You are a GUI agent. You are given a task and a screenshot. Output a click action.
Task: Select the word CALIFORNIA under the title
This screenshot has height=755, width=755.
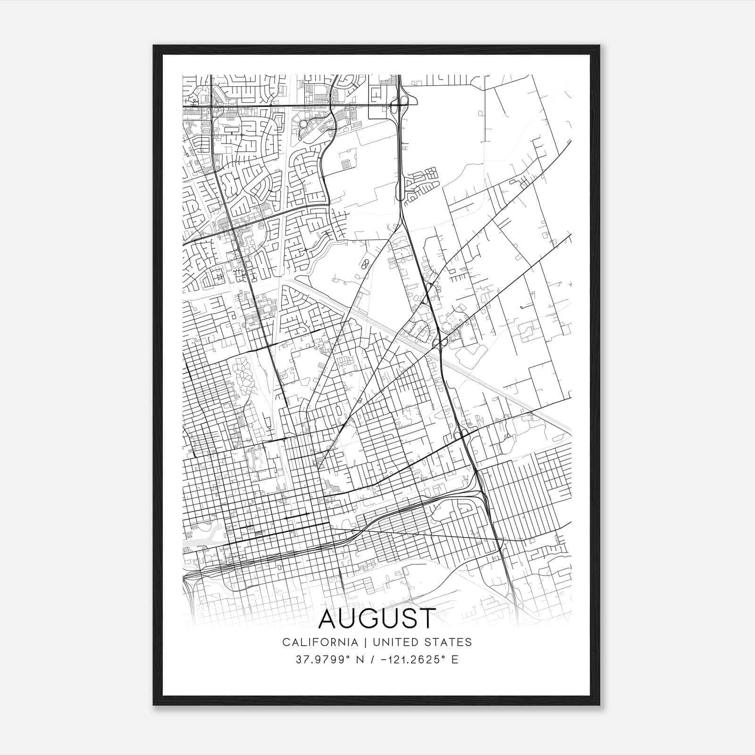click(x=320, y=642)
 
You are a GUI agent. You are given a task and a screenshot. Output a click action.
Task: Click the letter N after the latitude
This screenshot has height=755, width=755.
click(x=360, y=660)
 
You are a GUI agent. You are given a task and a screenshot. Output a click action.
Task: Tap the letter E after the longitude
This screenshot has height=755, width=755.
click(x=455, y=660)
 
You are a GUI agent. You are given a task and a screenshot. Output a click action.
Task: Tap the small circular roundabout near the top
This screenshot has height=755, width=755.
click(x=303, y=124)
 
